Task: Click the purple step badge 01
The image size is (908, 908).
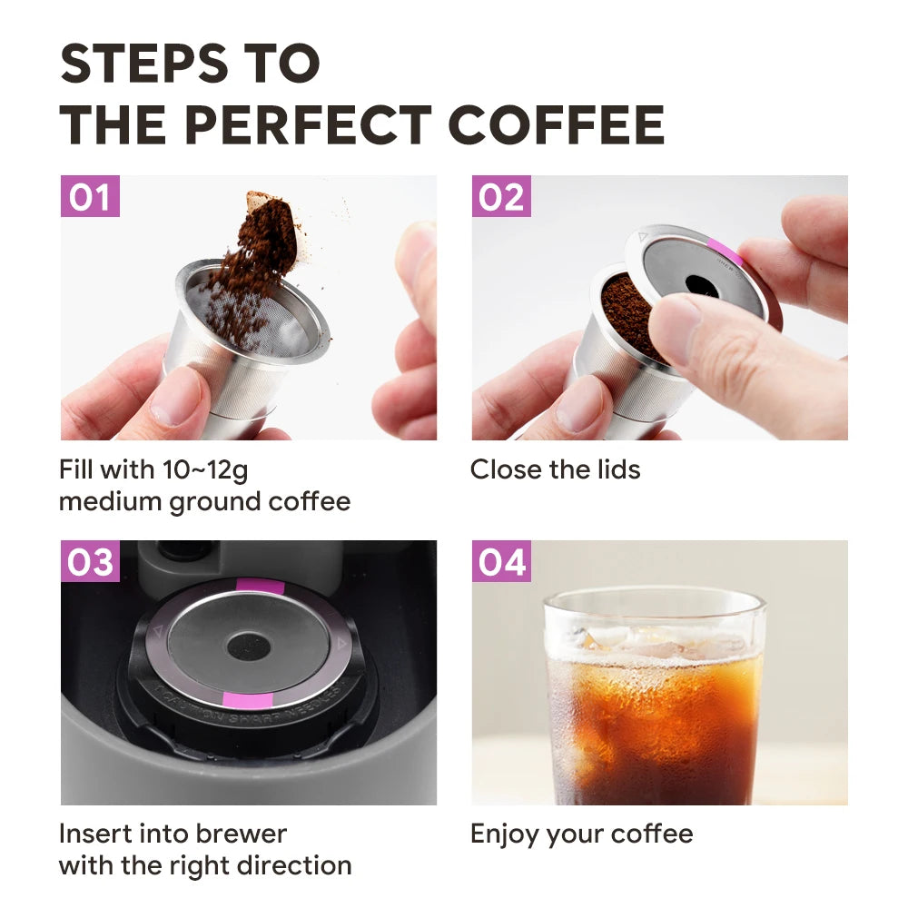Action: [x=90, y=196]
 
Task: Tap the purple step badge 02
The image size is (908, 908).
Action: [x=501, y=196]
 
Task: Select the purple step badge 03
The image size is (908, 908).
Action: [x=90, y=561]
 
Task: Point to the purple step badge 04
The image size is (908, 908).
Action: [x=501, y=561]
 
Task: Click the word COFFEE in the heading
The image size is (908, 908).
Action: [x=557, y=124]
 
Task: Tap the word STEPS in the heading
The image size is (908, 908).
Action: [x=144, y=64]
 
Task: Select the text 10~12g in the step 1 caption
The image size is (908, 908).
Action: [x=205, y=470]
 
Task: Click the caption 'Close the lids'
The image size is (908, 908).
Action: [x=556, y=469]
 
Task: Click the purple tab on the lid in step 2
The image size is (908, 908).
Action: [x=725, y=253]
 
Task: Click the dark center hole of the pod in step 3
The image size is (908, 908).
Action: [x=249, y=646]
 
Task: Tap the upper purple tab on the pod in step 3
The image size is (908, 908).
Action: [x=260, y=586]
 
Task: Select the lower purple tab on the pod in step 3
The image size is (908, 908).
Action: [x=248, y=700]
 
